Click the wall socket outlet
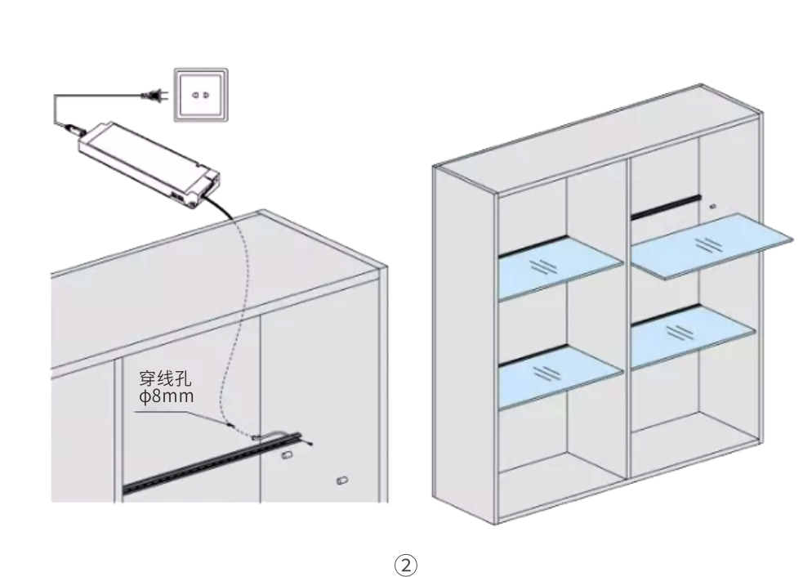(x=200, y=96)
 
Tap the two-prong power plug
(x=155, y=96)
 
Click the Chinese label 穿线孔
(x=165, y=378)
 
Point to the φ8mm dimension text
(x=166, y=396)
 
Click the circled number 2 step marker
(x=405, y=565)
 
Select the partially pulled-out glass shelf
(x=712, y=245)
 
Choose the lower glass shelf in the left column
(x=561, y=377)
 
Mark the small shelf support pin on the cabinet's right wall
(x=713, y=206)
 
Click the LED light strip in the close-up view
(x=212, y=462)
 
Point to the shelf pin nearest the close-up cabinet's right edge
(x=341, y=480)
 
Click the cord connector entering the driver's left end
(x=72, y=127)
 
